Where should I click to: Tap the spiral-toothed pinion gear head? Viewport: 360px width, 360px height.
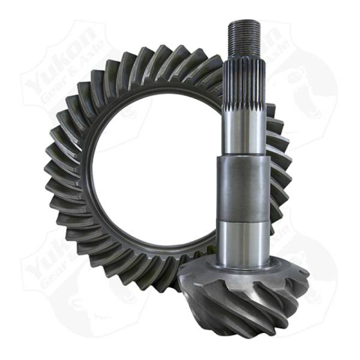point(252,300)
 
